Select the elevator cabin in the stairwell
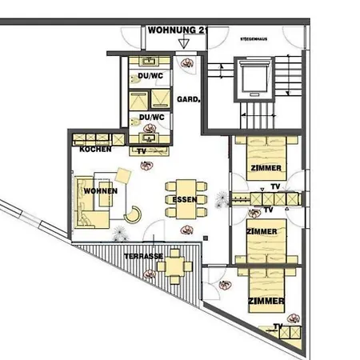coord(255,78)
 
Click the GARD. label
coord(187,101)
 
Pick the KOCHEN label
coord(94,150)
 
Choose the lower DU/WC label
coord(151,118)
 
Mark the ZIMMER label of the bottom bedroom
coord(266,301)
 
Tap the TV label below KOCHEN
coord(142,150)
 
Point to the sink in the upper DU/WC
coord(149,60)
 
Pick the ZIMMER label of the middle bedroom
coord(262,231)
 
